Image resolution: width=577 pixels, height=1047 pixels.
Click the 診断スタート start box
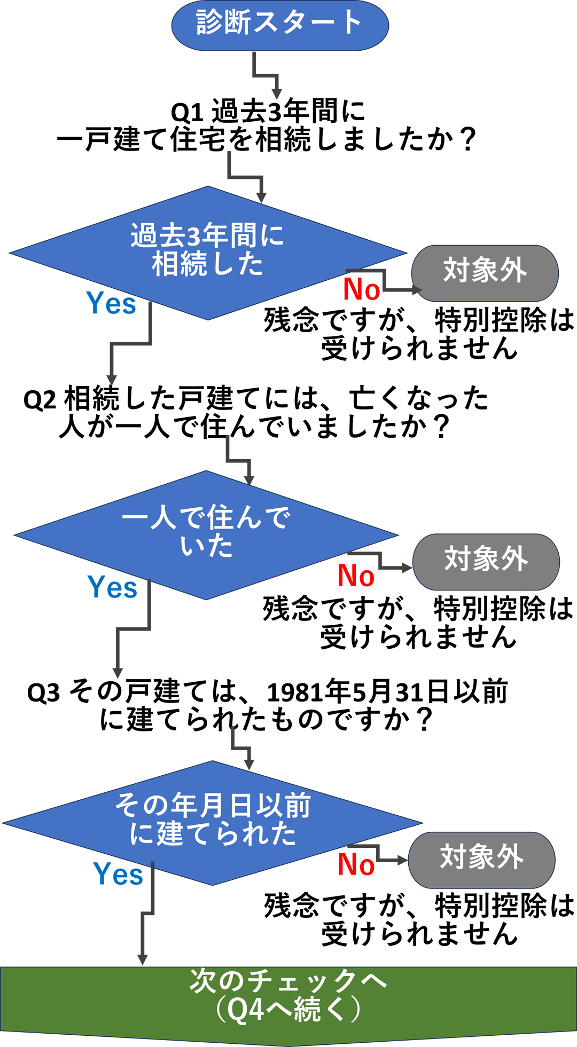279,25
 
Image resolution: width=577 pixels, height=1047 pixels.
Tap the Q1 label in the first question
186,113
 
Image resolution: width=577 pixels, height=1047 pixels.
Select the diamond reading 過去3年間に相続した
207,251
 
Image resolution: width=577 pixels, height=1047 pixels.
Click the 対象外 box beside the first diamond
485,272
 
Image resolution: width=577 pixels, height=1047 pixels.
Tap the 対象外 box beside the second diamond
486,561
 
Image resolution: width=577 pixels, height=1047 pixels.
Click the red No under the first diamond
361,290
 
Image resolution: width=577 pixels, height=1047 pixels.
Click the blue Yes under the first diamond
111,304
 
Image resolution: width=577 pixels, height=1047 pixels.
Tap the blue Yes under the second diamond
112,588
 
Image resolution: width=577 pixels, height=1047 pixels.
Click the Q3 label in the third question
43,692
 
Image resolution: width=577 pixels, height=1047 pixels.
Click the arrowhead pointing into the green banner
142,959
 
